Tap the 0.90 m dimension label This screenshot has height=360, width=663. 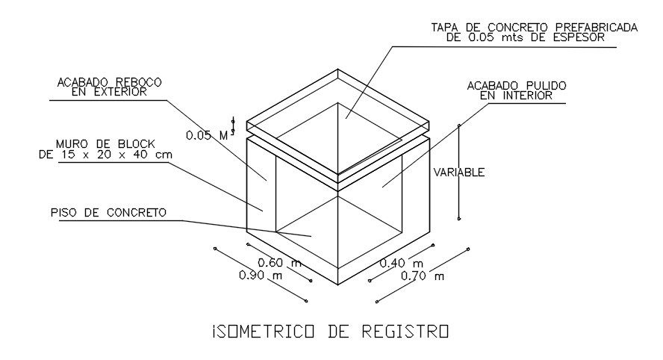(261, 276)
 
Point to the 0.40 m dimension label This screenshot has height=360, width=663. (402, 263)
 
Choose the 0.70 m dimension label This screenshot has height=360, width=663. (423, 276)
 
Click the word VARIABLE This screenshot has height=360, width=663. (459, 173)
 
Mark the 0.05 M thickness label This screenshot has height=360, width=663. (207, 135)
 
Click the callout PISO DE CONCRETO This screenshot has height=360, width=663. (108, 213)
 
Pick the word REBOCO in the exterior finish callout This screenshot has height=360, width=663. (137, 81)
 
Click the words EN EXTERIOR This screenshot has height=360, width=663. (110, 92)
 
